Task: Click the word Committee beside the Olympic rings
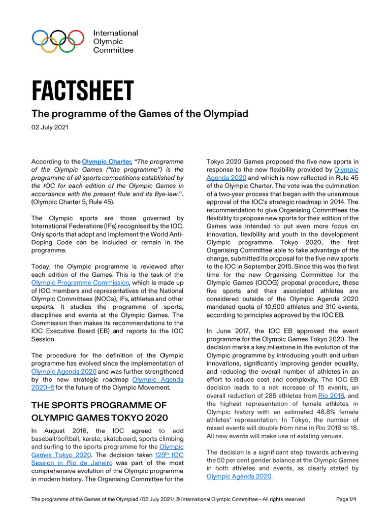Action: [113, 50]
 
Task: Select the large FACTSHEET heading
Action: [83, 91]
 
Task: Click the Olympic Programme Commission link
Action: [80, 282]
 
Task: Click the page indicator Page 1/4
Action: [346, 499]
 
